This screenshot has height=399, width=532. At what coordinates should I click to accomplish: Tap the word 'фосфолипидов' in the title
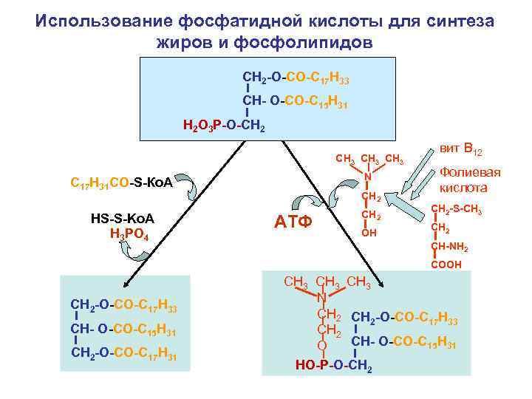coord(303,42)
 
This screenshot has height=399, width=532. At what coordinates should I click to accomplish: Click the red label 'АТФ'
coord(293,221)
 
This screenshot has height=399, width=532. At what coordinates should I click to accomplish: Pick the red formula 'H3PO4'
coord(129,236)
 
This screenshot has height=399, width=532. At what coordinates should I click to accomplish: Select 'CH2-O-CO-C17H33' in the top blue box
coord(296,78)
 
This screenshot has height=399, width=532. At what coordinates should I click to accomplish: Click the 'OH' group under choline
coord(369,233)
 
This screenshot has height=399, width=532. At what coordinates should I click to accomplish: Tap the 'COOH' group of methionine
coord(446,264)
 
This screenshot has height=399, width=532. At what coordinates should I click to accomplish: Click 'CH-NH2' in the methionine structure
coord(449,247)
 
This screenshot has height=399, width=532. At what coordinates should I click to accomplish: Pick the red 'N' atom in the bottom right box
coord(321,298)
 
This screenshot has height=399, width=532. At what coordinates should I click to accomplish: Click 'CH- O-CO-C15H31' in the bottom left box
coord(123,329)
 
